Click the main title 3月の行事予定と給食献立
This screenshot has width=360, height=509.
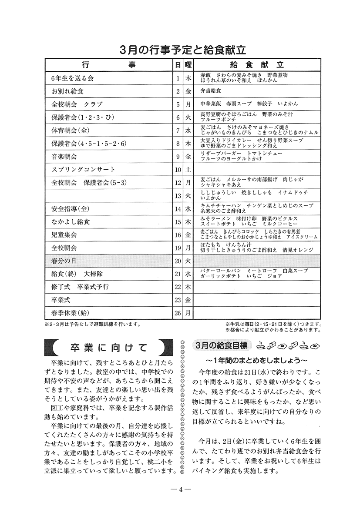pos(183,49)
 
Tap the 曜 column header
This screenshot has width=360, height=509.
pos(188,65)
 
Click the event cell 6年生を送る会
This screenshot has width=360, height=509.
pos(73,79)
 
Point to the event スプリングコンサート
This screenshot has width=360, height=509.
pos(83,170)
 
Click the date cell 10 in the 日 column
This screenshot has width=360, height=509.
pos(178,170)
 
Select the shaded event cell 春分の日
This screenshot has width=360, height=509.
pos(64,261)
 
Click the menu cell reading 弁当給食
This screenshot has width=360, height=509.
pos(211,91)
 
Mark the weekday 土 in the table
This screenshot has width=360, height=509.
pos(188,170)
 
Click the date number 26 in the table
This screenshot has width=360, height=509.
pos(178,313)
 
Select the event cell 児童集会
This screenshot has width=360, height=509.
pos(64,235)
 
